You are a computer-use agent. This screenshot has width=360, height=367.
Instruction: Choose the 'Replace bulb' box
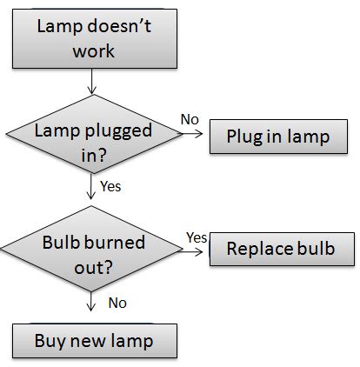[280, 249]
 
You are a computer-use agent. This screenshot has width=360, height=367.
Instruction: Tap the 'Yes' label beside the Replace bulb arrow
[196, 237]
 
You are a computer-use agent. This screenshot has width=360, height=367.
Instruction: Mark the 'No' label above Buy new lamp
[118, 303]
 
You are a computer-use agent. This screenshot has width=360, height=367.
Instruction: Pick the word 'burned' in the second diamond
[117, 241]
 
